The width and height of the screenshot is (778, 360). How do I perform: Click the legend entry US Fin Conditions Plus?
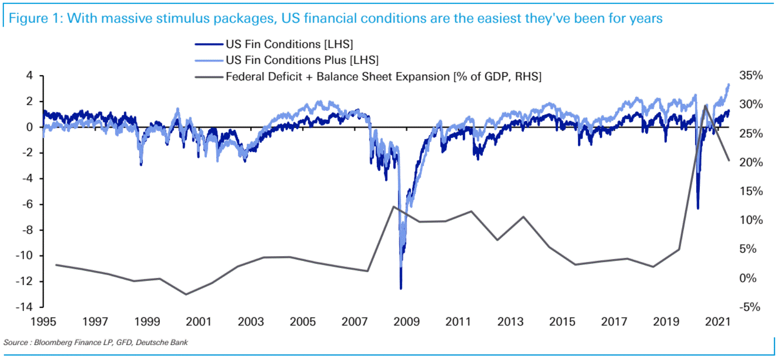[x=302, y=60]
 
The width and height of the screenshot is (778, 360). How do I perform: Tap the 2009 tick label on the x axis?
[x=406, y=322]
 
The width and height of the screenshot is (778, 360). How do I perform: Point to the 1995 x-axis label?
[x=43, y=322]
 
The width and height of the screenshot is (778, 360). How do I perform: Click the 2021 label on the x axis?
[x=718, y=322]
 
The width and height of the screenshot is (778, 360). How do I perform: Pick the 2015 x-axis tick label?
[x=562, y=322]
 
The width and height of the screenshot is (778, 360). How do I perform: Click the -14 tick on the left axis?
[x=24, y=307]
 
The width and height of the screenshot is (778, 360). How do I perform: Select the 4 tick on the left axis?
[x=29, y=75]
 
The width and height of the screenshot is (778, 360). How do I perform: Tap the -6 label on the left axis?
[x=26, y=204]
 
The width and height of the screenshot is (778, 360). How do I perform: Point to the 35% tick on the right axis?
[x=751, y=75]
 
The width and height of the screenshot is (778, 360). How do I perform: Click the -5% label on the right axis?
[x=750, y=307]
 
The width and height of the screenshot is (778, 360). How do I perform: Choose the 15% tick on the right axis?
[x=751, y=191]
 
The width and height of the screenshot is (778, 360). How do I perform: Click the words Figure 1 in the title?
[x=34, y=19]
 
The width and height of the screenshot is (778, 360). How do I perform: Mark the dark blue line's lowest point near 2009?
[x=401, y=289]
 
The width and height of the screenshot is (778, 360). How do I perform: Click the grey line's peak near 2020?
[x=706, y=105]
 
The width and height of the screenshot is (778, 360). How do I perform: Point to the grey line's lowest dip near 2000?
[x=186, y=294]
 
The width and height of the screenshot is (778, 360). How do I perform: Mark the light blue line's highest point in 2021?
[x=728, y=84]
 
